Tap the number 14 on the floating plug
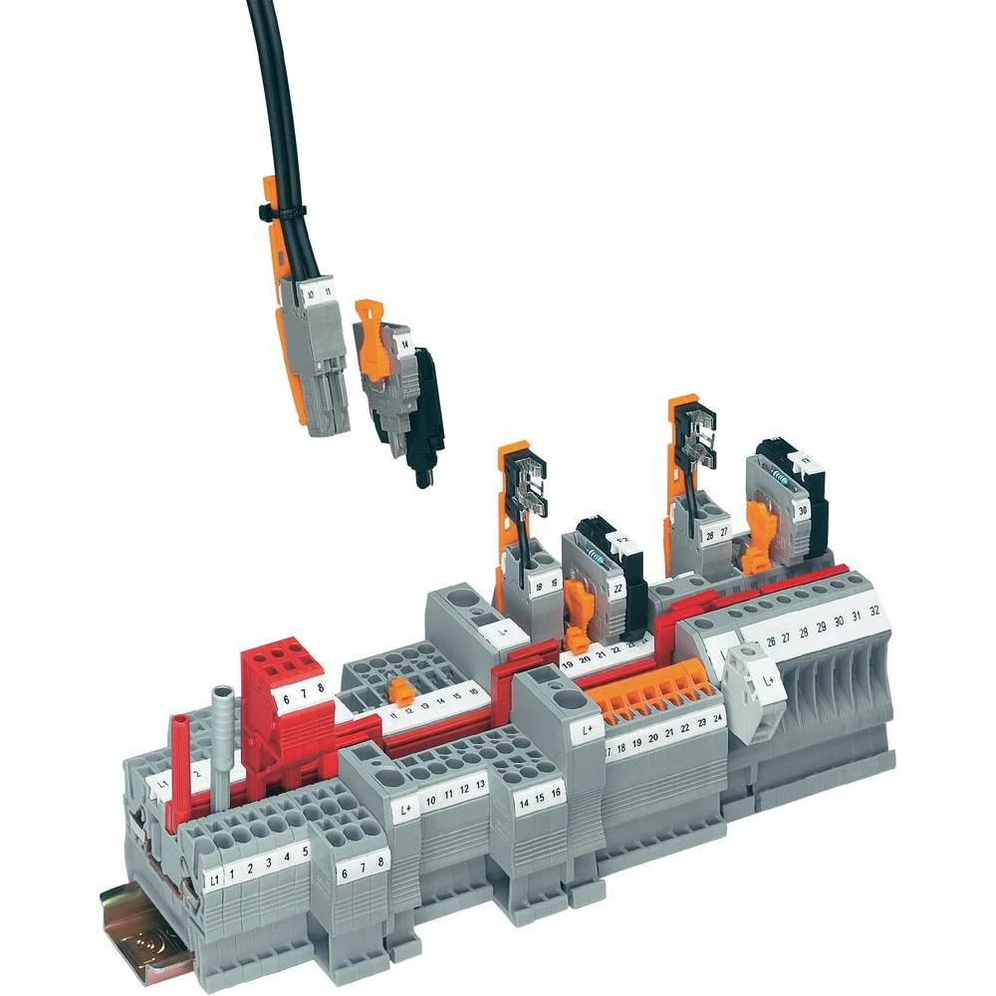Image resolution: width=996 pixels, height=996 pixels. click(403, 344)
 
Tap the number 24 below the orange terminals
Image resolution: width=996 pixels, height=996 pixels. click(716, 717)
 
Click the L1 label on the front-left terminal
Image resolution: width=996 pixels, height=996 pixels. click(212, 879)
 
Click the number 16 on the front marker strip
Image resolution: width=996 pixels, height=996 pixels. click(556, 791)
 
